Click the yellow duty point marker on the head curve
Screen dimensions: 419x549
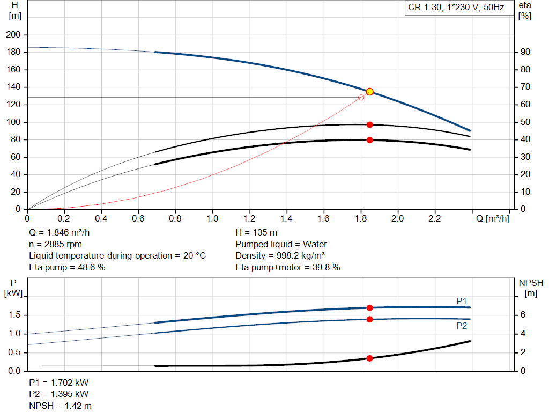click(x=369, y=92)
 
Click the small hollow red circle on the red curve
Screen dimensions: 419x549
click(x=361, y=98)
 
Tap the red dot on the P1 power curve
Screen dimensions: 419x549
click(x=369, y=308)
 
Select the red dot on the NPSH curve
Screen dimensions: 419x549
click(x=369, y=358)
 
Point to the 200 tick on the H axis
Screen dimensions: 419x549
click(x=13, y=35)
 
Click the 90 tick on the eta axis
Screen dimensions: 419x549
click(x=525, y=52)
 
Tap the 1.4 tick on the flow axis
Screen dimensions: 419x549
click(x=286, y=219)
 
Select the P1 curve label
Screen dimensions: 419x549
click(x=462, y=301)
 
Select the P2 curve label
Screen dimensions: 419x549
click(x=462, y=326)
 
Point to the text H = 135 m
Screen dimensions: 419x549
click(x=256, y=233)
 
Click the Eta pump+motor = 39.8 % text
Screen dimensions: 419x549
click(x=287, y=267)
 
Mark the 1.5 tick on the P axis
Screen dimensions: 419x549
click(x=14, y=315)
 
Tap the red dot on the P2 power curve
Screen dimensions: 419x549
click(x=369, y=319)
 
